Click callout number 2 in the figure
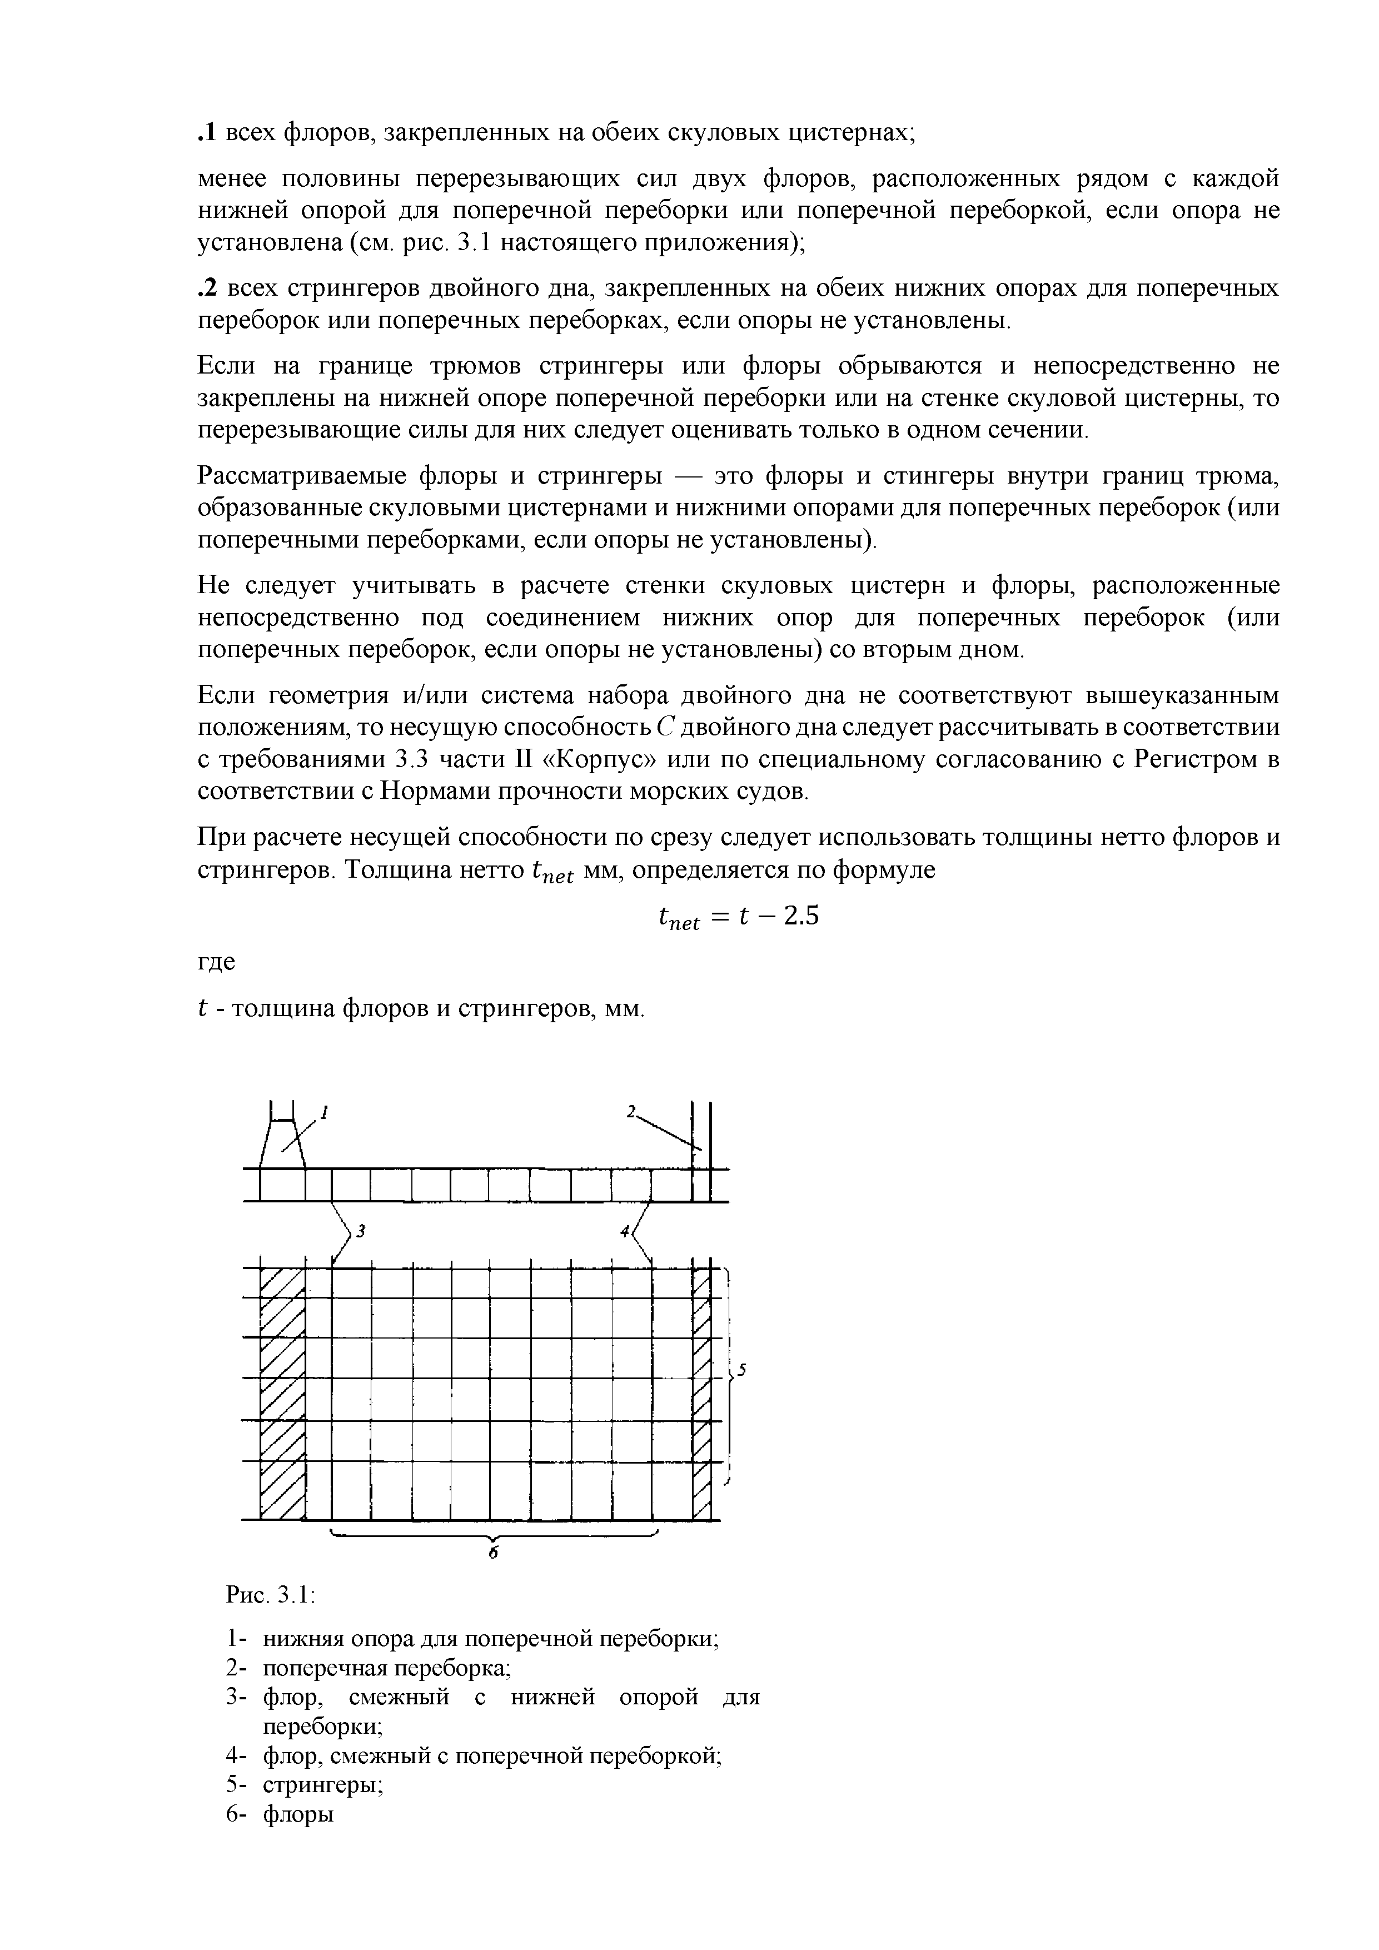click(x=631, y=1111)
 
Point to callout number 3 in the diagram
click(x=360, y=1231)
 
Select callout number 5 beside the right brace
click(x=741, y=1369)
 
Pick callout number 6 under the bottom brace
click(x=494, y=1551)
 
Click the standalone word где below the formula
click(x=217, y=963)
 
